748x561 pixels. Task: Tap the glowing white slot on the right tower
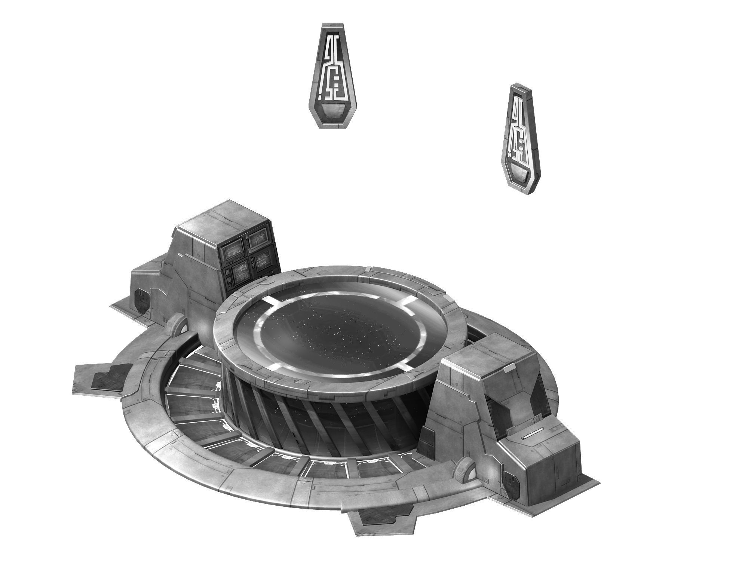click(x=534, y=435)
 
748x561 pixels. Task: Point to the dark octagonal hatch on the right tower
click(x=509, y=482)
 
